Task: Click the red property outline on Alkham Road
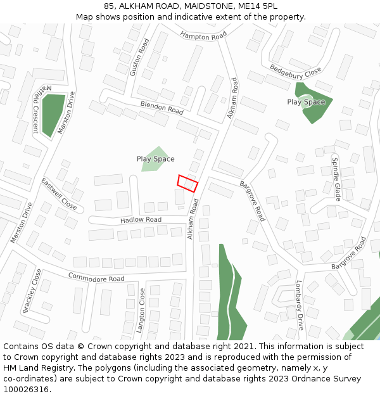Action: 187,182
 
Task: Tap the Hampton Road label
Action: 203,36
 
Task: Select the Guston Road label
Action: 139,58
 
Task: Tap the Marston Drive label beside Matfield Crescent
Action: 66,113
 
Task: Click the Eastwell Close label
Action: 59,194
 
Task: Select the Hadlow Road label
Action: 141,220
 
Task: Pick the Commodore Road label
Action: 96,276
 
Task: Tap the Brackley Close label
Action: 32,290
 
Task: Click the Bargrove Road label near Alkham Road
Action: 252,201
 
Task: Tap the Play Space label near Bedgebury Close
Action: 306,102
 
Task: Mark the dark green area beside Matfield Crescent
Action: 54,114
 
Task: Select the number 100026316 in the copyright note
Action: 26,389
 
